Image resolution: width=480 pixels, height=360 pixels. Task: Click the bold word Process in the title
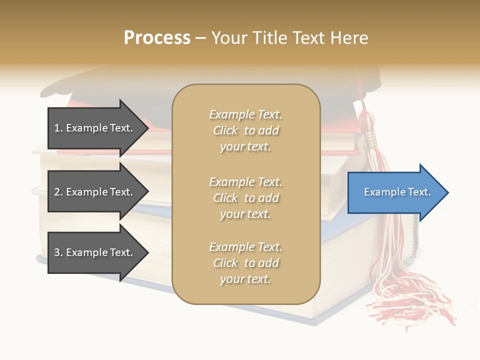[157, 38]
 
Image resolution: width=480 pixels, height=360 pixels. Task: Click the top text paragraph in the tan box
[245, 130]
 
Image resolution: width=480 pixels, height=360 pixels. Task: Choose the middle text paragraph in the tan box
[245, 198]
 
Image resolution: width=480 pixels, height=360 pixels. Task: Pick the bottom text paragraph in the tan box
[245, 263]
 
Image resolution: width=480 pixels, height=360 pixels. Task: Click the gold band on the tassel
[371, 138]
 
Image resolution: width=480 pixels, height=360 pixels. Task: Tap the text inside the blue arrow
[397, 192]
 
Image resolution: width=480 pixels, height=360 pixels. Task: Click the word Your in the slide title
[229, 38]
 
